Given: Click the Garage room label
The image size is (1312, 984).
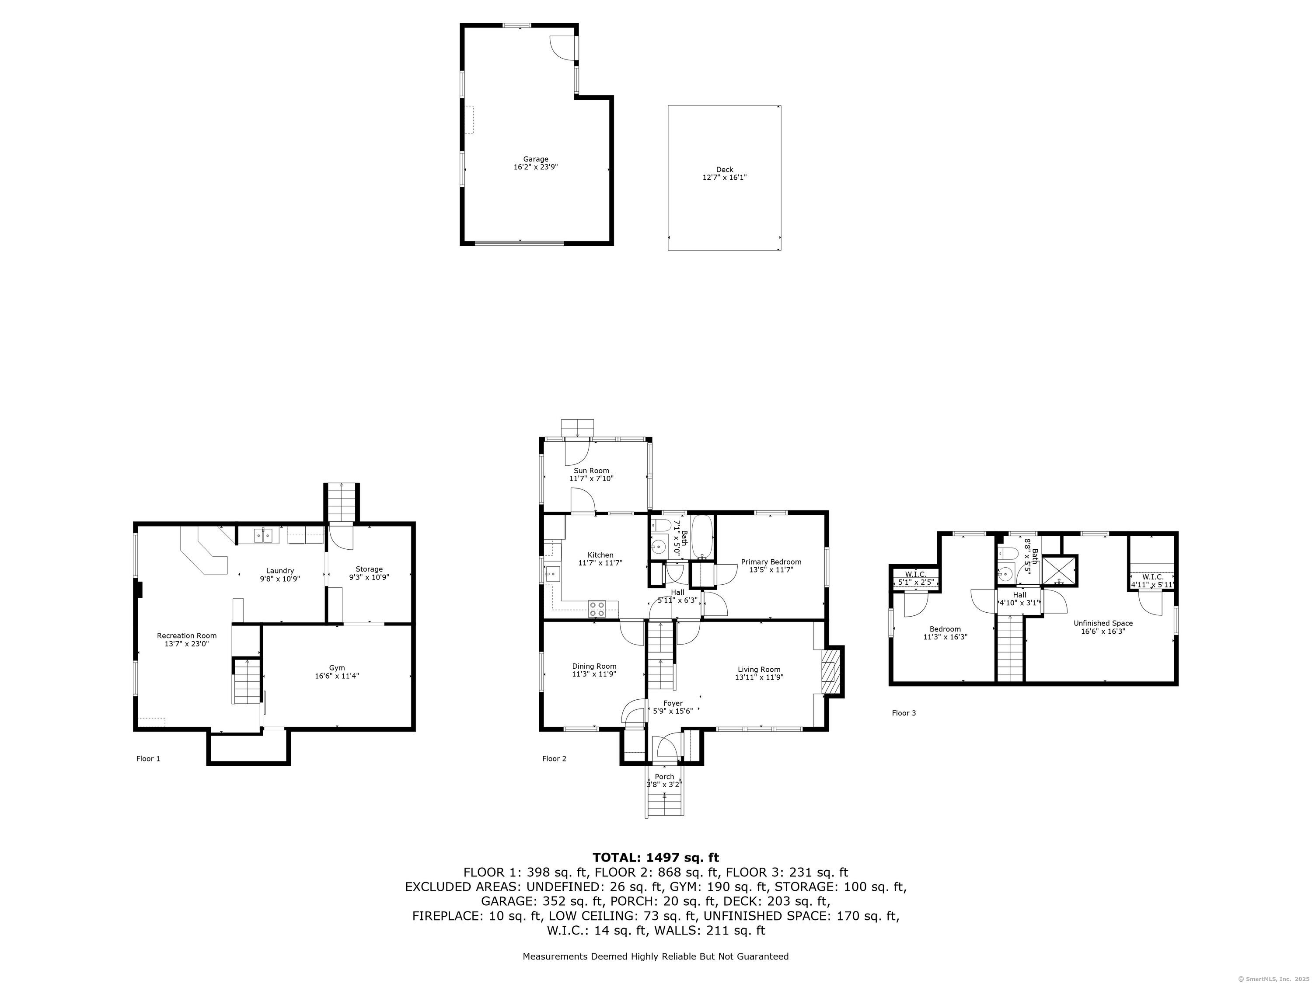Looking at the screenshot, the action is pos(536,159).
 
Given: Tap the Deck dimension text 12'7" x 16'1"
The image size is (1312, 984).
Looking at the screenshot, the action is pos(724,178).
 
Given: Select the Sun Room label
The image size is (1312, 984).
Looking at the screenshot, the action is pos(591,470).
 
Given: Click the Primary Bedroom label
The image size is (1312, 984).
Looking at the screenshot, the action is pos(771,562).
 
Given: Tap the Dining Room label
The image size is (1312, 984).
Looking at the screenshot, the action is pos(594,666).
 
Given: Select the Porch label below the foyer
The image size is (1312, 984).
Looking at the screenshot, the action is pos(664,776).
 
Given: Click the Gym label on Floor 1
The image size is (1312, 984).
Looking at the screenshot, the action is pos(337,668).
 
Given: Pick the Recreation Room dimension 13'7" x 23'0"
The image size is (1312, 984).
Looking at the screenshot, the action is pos(187,644).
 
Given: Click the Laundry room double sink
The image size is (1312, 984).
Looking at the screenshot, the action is pos(263,536).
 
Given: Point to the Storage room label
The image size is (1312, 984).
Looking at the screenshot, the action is pos(369,569).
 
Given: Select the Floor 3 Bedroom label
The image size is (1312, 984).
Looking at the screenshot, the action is pos(946,629).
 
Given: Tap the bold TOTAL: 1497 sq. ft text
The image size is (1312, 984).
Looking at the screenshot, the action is pos(656,858).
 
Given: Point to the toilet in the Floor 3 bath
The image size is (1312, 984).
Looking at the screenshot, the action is pos(1008,554).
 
